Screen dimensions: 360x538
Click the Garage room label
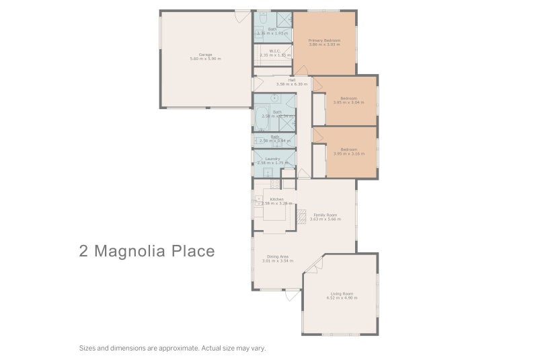(x=205, y=55)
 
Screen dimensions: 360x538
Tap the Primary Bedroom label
(x=324, y=40)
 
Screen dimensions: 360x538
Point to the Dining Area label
(x=277, y=256)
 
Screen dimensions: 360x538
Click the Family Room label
(x=326, y=215)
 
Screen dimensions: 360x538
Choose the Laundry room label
(x=272, y=158)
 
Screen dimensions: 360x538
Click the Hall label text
(x=291, y=80)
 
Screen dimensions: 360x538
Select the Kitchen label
(x=276, y=199)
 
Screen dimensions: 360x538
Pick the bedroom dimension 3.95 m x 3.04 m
(x=348, y=102)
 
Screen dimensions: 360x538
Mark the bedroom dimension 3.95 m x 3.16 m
(x=348, y=153)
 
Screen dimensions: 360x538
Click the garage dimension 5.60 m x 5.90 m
(x=205, y=59)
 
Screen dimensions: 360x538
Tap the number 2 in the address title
(x=83, y=252)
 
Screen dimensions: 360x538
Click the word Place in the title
(x=194, y=252)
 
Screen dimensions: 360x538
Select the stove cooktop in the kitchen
(x=274, y=184)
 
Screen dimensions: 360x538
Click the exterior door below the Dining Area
(x=291, y=295)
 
